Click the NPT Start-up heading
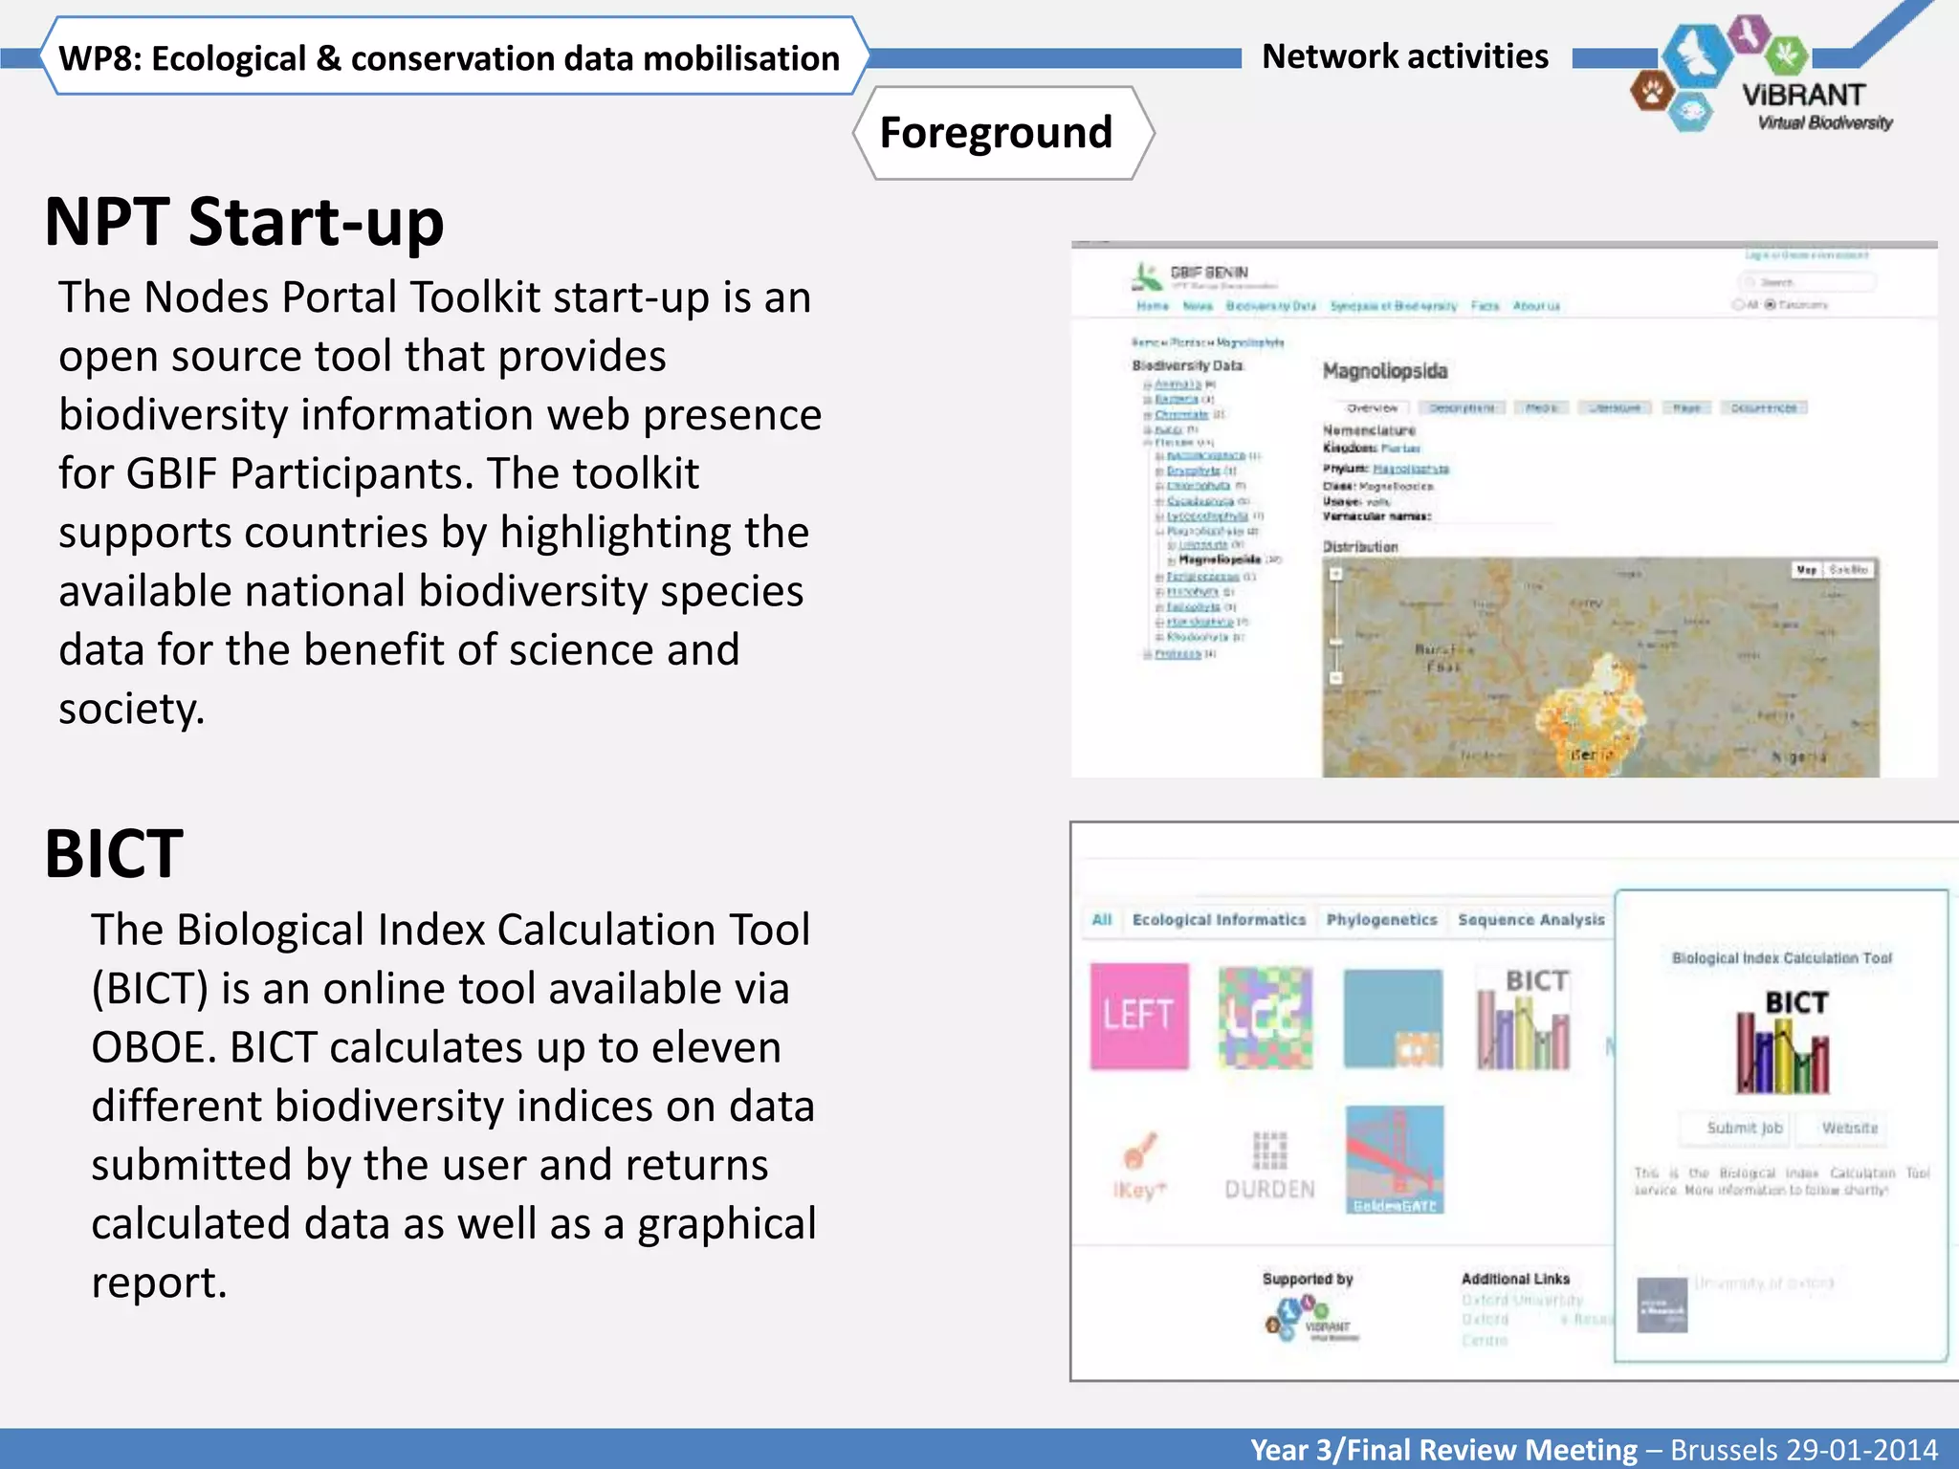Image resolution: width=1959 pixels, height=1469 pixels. tap(244, 223)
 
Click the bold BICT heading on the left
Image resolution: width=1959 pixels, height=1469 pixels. tap(114, 854)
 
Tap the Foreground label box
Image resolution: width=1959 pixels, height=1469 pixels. tap(996, 133)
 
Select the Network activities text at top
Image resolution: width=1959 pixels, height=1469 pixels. tap(1404, 57)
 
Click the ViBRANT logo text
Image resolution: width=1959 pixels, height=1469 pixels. tap(1803, 96)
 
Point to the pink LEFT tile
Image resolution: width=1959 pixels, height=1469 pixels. tap(1139, 1016)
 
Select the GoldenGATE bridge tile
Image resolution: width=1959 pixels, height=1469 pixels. tap(1394, 1159)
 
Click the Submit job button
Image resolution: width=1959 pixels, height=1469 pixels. tap(1744, 1129)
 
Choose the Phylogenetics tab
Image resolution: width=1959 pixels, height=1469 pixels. tap(1381, 920)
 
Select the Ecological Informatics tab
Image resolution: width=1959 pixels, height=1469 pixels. tap(1219, 920)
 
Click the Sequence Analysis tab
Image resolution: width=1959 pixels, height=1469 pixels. tap(1530, 920)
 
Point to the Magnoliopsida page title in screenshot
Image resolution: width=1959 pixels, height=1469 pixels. tap(1384, 371)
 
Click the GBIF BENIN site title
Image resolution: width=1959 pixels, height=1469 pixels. tap(1209, 273)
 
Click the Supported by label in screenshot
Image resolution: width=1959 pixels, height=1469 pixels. tap(1307, 1279)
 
